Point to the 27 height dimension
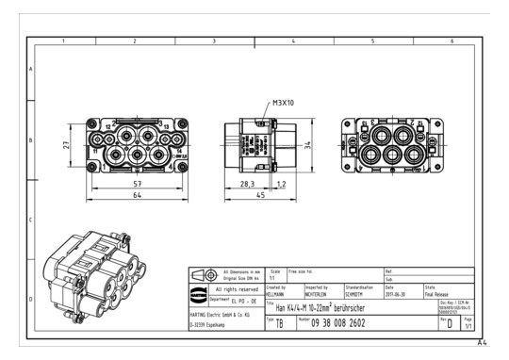pyautogui.click(x=67, y=145)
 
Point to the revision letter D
pyautogui.click(x=463, y=323)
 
